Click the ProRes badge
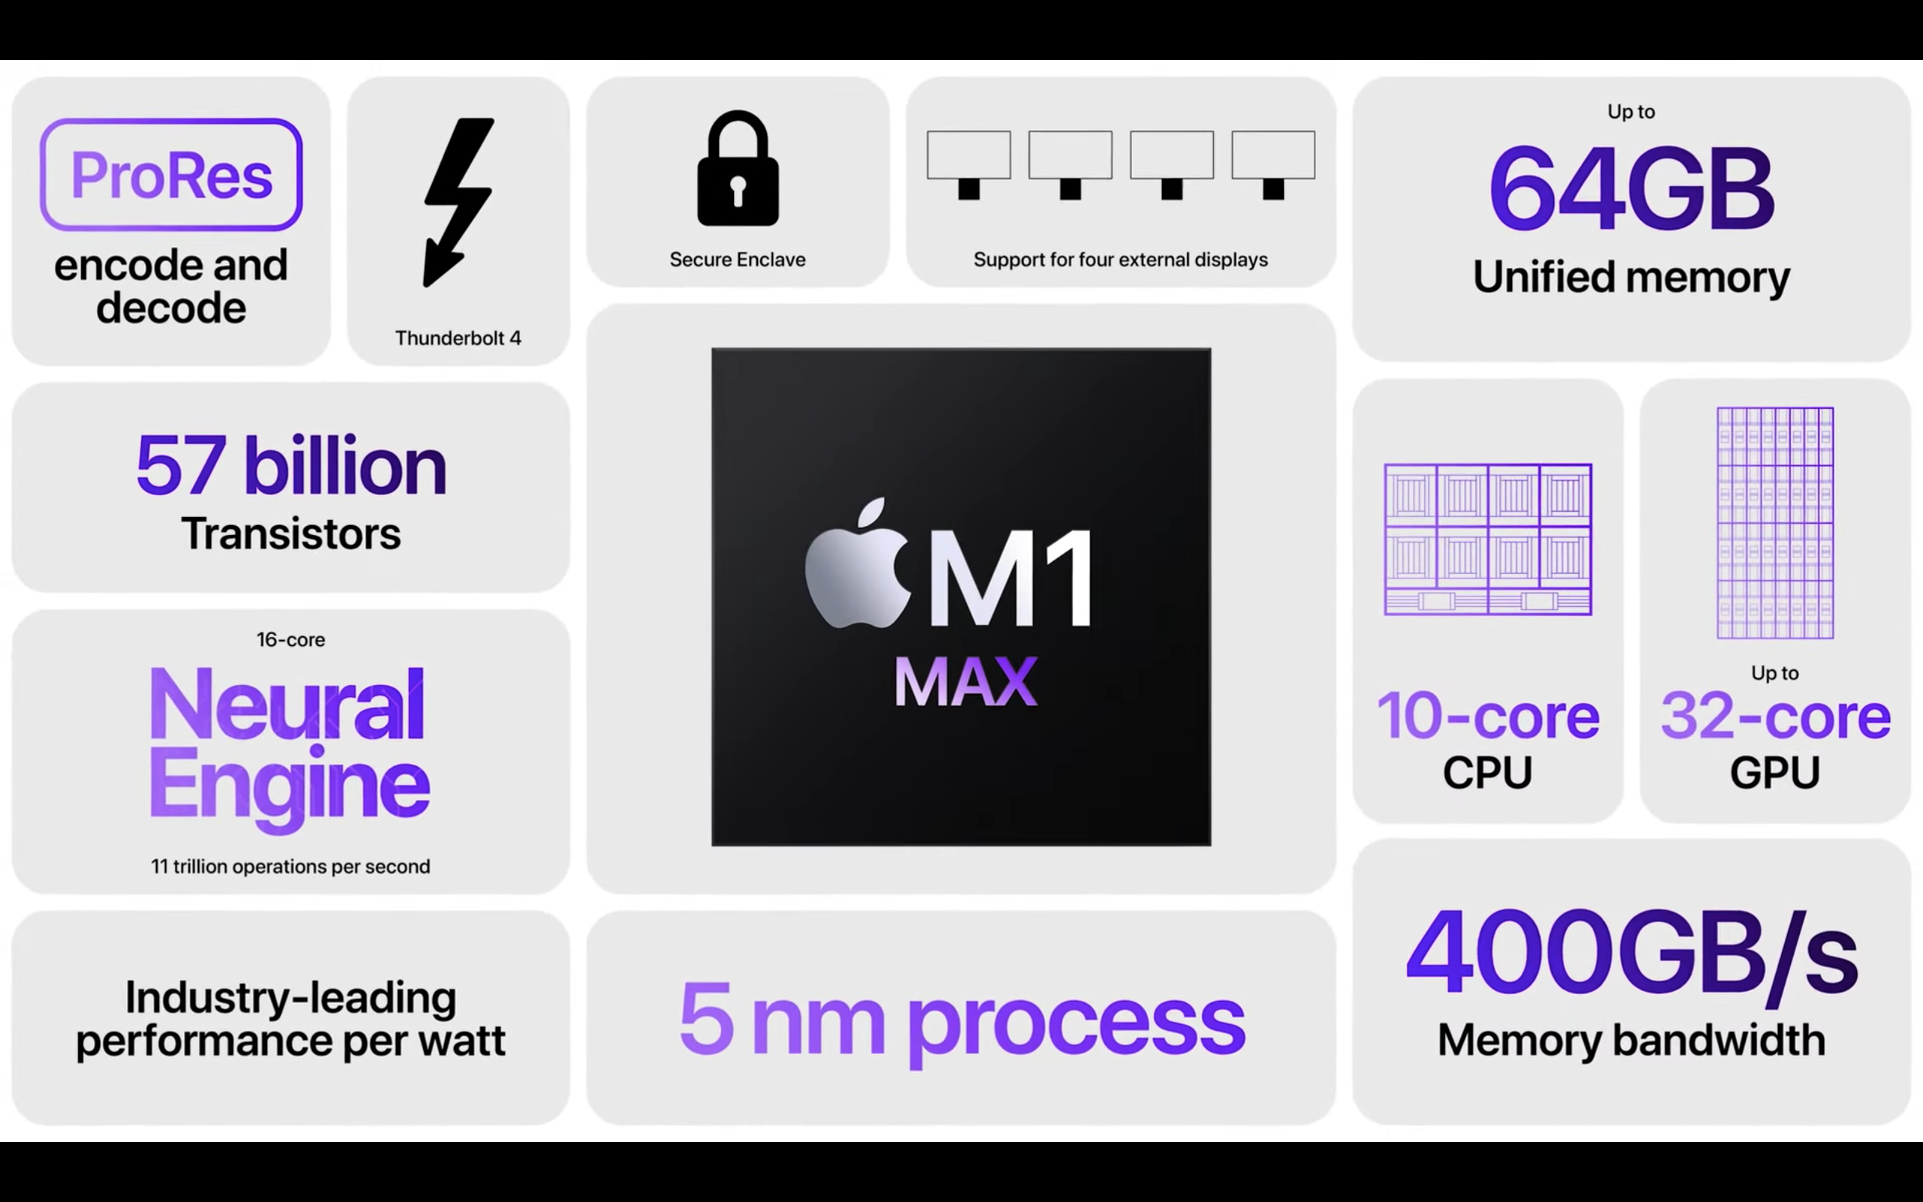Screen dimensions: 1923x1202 pyautogui.click(x=171, y=175)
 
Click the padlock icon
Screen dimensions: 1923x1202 pyautogui.click(x=738, y=168)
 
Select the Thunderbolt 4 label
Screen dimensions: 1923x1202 pyautogui.click(x=457, y=338)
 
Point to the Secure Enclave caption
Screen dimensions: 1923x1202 pyautogui.click(x=738, y=259)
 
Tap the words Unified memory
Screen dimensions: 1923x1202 pyautogui.click(x=1631, y=276)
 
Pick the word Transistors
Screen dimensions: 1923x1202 pyautogui.click(x=291, y=533)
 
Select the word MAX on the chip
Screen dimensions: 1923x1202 pyautogui.click(x=965, y=681)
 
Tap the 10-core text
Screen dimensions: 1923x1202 pyautogui.click(x=1487, y=715)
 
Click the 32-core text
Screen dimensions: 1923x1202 pyautogui.click(x=1775, y=715)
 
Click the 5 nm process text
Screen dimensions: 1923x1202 pyautogui.click(x=961, y=1020)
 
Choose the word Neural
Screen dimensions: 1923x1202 pyautogui.click(x=287, y=705)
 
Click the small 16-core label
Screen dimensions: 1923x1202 pyautogui.click(x=291, y=639)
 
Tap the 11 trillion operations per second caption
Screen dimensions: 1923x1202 pyautogui.click(x=291, y=865)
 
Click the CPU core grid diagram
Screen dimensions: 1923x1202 pyautogui.click(x=1487, y=539)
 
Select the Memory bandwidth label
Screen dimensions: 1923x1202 pyautogui.click(x=1631, y=1040)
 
